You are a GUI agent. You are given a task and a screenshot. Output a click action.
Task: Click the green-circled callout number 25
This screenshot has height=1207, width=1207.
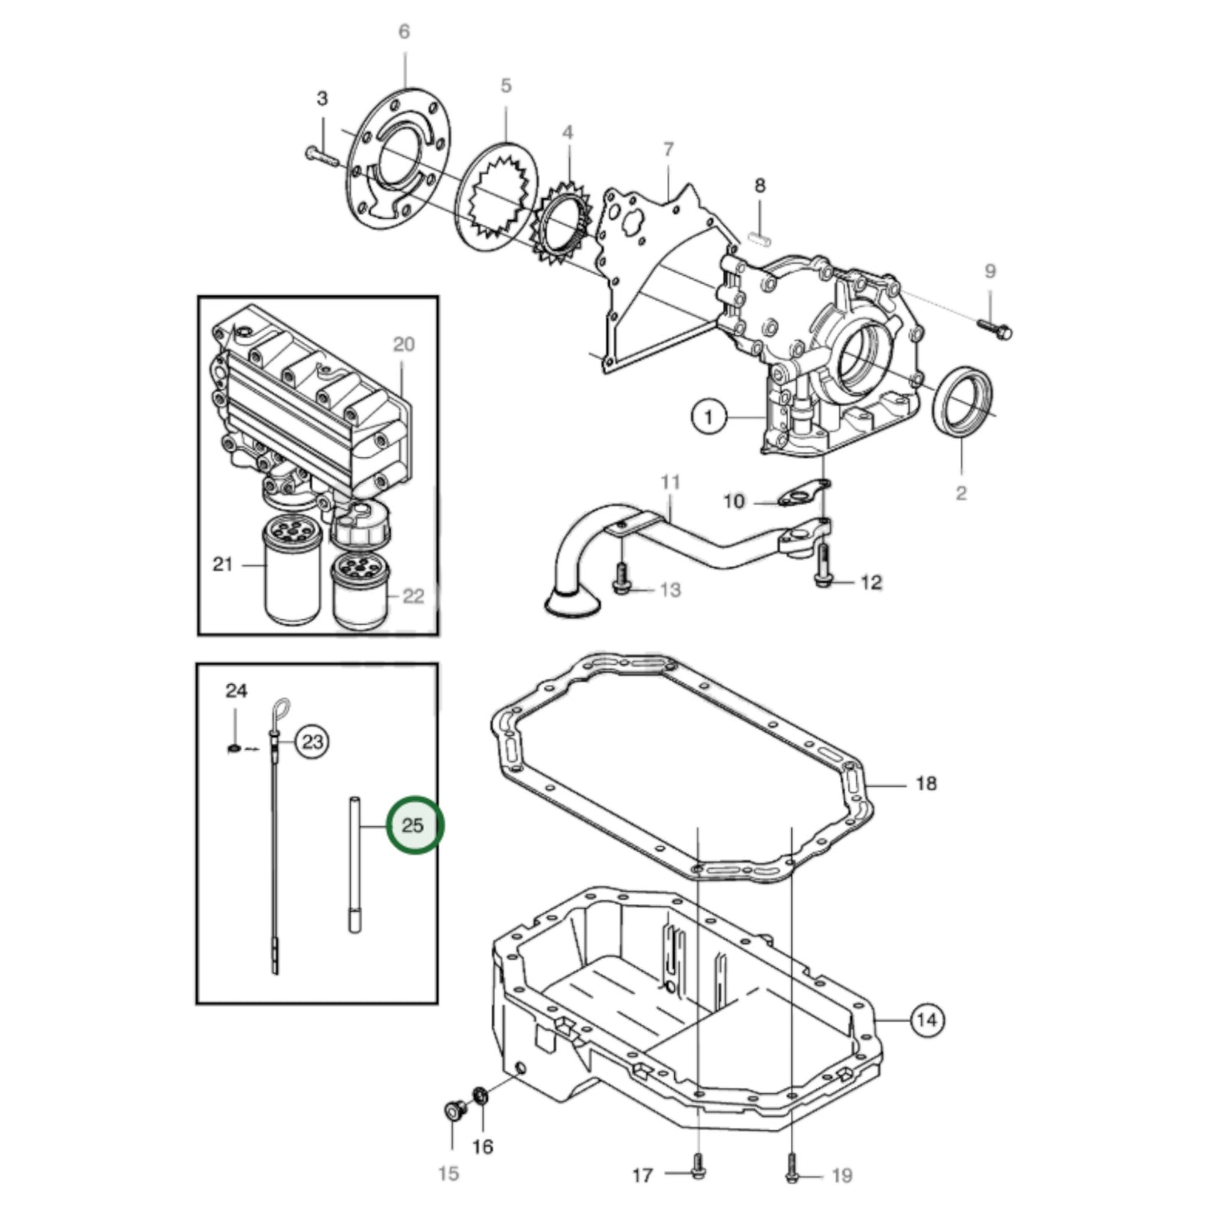coord(414,825)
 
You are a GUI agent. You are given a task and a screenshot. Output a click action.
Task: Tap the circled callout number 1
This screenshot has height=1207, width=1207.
coord(708,415)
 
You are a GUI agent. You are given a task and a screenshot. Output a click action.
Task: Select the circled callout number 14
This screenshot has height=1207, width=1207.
coord(926,1020)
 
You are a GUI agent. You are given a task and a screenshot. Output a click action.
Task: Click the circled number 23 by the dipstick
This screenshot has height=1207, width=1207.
coord(312,742)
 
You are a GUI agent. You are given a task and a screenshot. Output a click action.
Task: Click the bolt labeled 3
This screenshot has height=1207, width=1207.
coord(318,155)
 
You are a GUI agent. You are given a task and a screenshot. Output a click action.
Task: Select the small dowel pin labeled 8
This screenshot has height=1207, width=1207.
coord(759,236)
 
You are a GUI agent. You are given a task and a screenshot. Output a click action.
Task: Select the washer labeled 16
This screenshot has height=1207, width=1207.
coord(482,1094)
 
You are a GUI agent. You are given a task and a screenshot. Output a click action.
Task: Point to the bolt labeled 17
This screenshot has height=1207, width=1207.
coord(697,1174)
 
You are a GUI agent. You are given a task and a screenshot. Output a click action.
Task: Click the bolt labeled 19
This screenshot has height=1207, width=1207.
coord(792,1174)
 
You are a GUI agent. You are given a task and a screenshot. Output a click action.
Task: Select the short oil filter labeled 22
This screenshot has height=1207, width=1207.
coord(360,591)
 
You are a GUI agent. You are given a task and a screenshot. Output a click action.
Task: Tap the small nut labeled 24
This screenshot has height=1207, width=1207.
coord(235,746)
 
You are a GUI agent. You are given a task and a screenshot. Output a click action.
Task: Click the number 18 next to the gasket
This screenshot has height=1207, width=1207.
coord(926,783)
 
